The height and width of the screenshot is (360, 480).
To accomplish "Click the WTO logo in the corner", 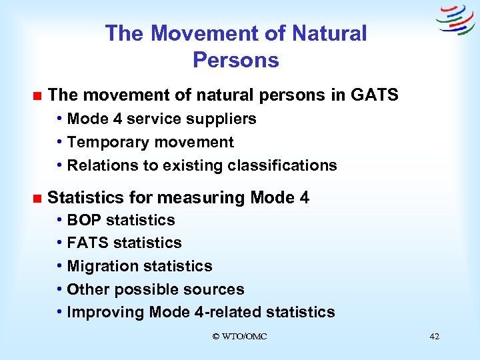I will coord(455,20).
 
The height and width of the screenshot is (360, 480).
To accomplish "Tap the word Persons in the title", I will coord(235,60).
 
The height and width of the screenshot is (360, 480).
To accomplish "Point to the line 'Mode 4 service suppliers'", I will coord(161,119).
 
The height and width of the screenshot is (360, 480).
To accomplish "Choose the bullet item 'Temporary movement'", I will coord(150,142).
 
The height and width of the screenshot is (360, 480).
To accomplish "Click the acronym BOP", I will coord(85,220).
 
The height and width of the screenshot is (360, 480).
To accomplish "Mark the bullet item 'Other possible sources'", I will coord(155,289).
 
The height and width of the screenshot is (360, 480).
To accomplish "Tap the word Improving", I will coord(106,312).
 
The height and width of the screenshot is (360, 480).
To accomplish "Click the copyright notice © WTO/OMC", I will coord(239,337).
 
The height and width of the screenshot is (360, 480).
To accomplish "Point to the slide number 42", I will coord(434,337).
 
